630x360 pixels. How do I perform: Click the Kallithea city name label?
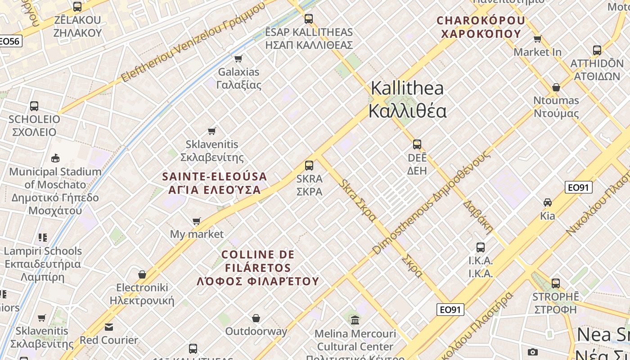point(407,100)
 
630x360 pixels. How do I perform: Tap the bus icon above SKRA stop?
point(309,165)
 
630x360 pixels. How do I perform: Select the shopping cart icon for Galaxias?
point(238,58)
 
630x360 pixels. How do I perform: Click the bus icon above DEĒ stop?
point(417,144)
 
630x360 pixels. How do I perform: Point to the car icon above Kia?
point(548,202)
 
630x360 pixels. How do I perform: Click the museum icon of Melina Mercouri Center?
point(355,320)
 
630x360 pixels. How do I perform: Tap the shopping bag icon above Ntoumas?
point(556,87)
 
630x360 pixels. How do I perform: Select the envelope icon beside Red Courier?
point(109,327)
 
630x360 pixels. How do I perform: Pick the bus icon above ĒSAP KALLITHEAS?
point(309,19)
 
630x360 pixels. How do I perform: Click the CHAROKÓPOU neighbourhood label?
point(481,27)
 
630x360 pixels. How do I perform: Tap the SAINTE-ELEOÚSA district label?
point(215,183)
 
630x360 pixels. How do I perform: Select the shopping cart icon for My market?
point(197,221)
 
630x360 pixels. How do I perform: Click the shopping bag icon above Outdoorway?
point(256,319)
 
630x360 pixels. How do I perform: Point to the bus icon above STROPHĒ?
point(556,283)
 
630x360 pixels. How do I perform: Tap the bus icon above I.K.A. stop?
point(481,247)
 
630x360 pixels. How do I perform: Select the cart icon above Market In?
point(537,39)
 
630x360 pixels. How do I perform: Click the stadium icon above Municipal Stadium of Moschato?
point(55,158)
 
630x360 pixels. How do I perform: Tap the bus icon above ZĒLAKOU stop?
point(77,7)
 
